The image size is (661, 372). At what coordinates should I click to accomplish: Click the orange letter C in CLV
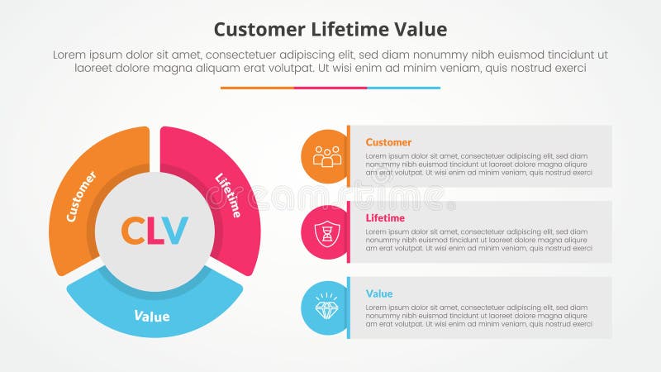133,231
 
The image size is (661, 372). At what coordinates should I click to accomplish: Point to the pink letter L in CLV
155,231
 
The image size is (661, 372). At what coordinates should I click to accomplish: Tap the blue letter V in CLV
175,231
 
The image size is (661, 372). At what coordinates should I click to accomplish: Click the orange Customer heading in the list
388,142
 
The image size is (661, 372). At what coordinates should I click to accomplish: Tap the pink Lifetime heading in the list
385,218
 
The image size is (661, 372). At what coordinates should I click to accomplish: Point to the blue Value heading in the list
379,293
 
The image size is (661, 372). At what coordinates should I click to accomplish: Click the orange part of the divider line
257,88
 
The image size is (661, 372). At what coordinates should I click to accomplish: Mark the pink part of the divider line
330,88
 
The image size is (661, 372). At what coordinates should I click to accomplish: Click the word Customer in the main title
259,30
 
